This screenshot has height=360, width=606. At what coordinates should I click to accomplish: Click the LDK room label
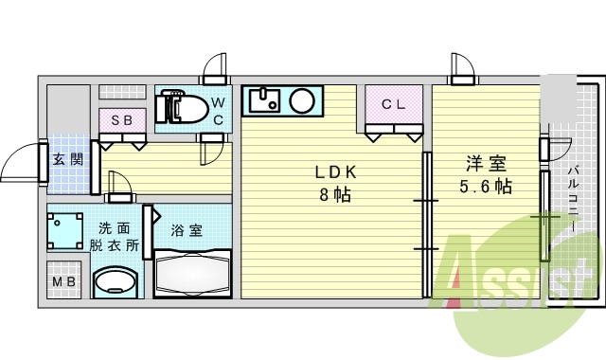pos(335,172)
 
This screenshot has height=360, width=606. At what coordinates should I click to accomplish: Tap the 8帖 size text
pos(335,196)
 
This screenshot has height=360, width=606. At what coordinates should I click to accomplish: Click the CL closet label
pos(394,105)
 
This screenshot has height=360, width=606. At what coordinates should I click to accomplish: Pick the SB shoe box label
pos(122,120)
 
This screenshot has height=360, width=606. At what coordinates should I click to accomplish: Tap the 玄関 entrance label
pos(66,159)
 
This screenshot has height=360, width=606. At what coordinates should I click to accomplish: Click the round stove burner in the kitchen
pos(303,99)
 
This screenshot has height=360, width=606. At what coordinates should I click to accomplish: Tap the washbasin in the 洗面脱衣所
pos(117,280)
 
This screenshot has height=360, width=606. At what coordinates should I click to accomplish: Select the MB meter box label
pos(64,282)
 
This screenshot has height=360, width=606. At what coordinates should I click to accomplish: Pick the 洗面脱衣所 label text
pos(114,236)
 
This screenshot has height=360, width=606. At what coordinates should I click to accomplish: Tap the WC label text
pos(217,110)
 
